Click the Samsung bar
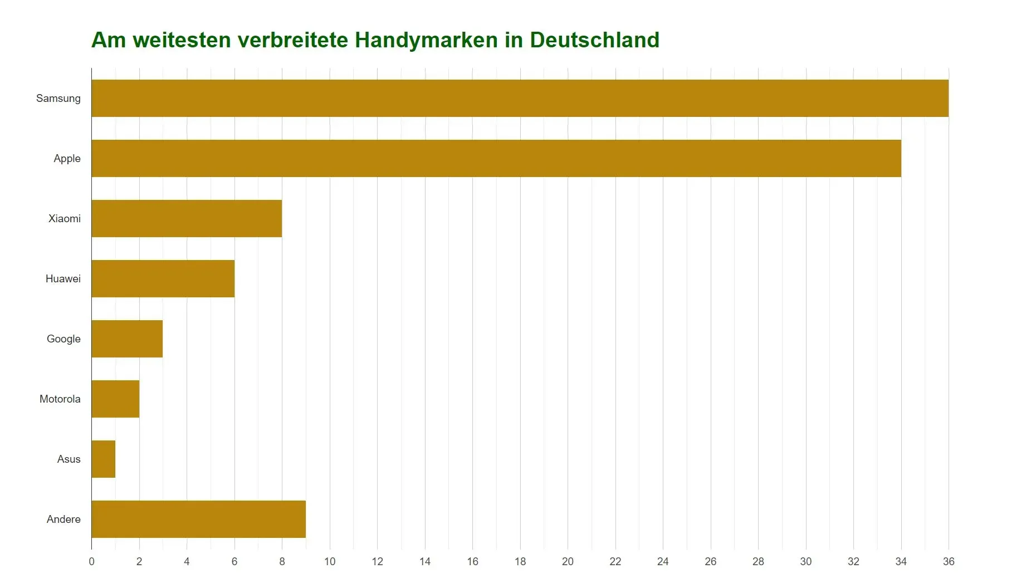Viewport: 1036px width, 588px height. pos(520,98)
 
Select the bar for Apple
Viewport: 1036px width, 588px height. pos(496,158)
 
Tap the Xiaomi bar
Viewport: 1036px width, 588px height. pos(187,218)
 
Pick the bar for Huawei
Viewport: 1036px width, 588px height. pos(163,278)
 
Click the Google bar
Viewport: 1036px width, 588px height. pos(127,339)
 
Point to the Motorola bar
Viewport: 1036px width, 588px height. pos(115,399)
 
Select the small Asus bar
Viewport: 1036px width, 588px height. pos(104,459)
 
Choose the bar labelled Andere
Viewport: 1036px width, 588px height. pos(198,519)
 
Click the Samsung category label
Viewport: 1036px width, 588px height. pos(58,99)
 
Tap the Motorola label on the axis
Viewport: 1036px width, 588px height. pos(60,399)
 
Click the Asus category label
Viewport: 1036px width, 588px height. pos(69,459)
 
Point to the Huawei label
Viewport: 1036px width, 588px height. pos(63,279)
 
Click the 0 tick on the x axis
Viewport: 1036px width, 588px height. pos(92,561)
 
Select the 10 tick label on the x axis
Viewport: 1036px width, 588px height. pos(330,561)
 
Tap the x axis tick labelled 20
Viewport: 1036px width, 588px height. pos(568,561)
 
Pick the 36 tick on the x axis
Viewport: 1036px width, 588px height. pos(949,561)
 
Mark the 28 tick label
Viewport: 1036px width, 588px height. pos(758,561)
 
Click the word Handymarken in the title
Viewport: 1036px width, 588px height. pos(426,40)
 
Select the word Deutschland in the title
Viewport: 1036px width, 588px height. pos(594,40)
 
